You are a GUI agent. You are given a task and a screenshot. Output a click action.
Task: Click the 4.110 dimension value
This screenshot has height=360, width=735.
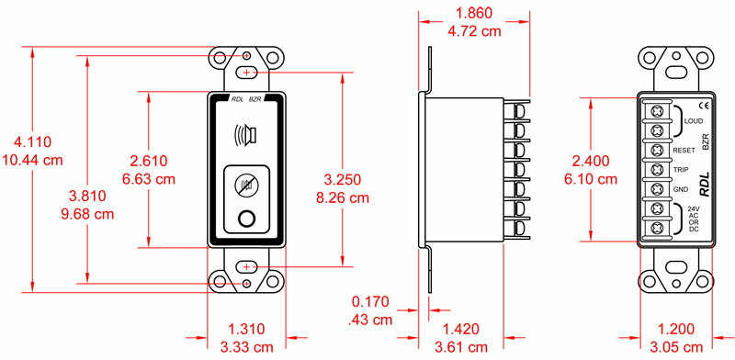[32, 141]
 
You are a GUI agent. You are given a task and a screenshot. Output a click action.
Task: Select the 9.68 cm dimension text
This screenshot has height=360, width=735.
[87, 214]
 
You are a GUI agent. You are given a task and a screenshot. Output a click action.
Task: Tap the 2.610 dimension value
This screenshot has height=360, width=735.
[148, 161]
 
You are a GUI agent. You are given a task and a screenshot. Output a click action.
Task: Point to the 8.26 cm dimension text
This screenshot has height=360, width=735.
[342, 197]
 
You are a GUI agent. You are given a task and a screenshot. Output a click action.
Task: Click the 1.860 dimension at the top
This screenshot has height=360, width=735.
[474, 13]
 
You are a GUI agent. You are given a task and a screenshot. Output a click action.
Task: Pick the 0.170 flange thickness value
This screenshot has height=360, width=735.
[370, 301]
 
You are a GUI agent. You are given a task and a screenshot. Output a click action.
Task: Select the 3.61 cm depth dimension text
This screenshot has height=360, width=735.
[461, 347]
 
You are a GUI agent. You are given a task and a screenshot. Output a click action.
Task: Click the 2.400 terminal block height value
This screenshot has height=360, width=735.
[591, 161]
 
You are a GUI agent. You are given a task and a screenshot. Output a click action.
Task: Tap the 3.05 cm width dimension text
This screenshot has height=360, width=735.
[676, 347]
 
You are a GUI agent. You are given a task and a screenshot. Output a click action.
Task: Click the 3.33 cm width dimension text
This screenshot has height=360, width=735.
[246, 347]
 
